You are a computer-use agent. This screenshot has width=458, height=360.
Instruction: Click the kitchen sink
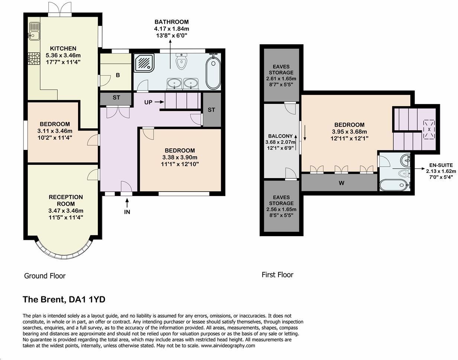pyautogui.click(x=34, y=30)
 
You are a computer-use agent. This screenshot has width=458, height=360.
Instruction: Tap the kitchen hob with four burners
pyautogui.click(x=34, y=58)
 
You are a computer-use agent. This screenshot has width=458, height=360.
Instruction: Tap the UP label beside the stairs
pyautogui.click(x=148, y=102)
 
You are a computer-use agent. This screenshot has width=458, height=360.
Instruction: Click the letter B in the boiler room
pyautogui.click(x=118, y=75)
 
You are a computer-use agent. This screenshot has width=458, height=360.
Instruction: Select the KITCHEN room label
pyautogui.click(x=63, y=48)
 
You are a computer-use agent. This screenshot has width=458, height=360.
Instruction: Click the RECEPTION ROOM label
pyautogui.click(x=65, y=200)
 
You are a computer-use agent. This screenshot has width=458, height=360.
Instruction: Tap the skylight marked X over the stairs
pyautogui.click(x=429, y=129)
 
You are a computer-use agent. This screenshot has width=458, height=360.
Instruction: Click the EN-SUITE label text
pyautogui.click(x=441, y=165)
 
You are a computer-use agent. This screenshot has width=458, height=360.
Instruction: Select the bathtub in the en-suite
pyautogui.click(x=393, y=185)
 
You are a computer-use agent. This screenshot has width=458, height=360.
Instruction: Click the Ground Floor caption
pyautogui.click(x=45, y=276)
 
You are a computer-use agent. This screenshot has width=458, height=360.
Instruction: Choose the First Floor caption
pyautogui.click(x=277, y=275)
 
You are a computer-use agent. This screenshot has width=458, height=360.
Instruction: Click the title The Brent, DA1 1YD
pyautogui.click(x=64, y=299)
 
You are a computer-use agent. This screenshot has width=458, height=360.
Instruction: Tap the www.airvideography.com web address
pyautogui.click(x=228, y=345)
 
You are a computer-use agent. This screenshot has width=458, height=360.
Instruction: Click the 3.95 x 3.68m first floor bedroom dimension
pyautogui.click(x=349, y=132)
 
